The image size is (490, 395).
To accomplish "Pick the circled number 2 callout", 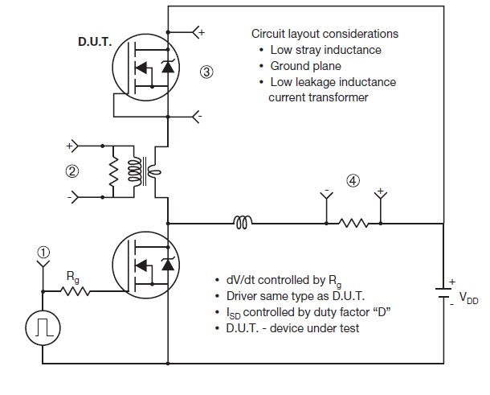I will click(x=71, y=171).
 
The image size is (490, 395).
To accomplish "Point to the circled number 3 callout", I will click(x=206, y=72).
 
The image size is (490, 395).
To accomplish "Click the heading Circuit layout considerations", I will click(x=325, y=35).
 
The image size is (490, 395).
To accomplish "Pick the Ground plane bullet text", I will click(x=305, y=66).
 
